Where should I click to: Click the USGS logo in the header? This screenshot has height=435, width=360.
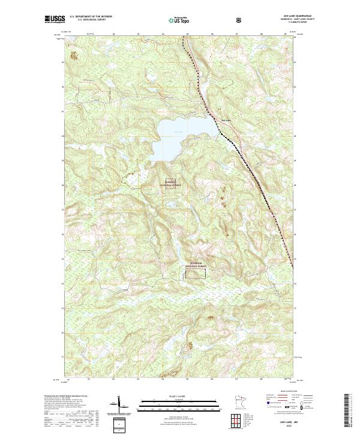tap(53, 20)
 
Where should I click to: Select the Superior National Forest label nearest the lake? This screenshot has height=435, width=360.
tap(173, 185)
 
